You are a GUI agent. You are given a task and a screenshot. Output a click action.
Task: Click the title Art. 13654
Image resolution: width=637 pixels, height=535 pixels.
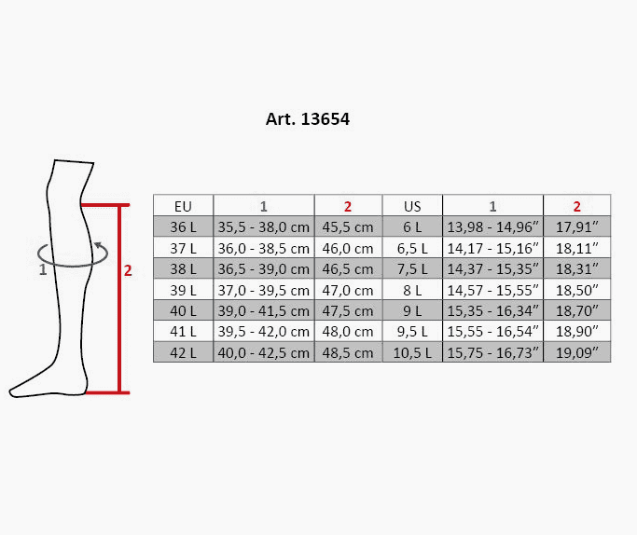pos(308,119)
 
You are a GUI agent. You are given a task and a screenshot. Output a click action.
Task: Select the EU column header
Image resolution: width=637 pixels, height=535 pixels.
pos(183,206)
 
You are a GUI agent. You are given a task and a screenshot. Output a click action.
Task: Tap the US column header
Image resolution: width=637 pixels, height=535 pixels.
pos(412,206)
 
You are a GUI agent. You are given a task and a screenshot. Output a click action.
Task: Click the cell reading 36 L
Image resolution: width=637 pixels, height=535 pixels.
pos(183,226)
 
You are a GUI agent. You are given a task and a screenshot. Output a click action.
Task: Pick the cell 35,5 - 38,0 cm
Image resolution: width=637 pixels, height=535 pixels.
pos(264,226)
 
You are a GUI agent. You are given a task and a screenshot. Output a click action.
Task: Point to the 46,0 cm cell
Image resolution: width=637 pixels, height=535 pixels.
pos(348,248)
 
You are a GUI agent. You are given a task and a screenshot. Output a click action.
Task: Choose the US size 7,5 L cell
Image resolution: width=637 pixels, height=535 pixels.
pos(412,268)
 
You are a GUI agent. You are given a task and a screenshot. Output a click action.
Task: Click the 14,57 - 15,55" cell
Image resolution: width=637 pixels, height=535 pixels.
pos(492,290)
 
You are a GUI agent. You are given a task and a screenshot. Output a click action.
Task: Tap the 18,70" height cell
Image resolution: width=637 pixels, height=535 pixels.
pos(577,310)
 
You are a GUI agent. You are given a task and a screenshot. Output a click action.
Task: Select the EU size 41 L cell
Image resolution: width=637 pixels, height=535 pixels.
pos(183,331)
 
